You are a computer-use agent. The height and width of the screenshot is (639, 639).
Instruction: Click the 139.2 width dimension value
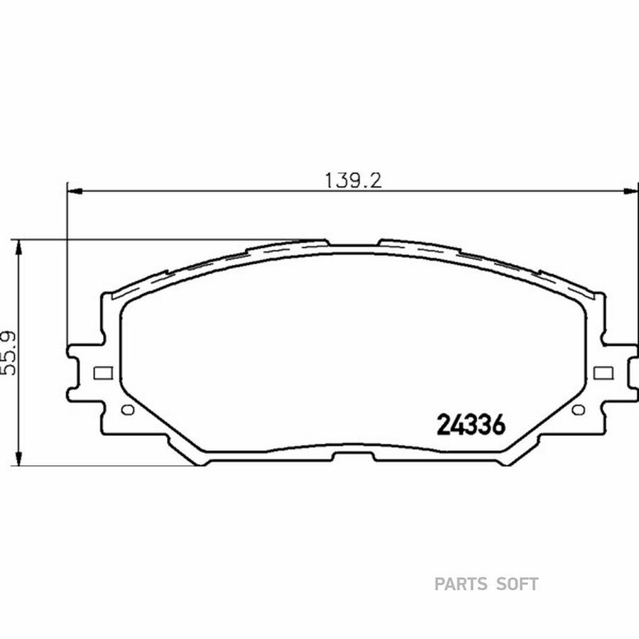coord(354,180)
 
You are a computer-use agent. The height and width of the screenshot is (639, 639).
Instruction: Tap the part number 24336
coord(471,425)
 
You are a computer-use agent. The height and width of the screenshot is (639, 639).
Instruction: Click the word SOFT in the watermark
coord(517,584)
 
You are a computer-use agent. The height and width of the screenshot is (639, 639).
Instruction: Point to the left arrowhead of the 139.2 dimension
coord(74,190)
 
